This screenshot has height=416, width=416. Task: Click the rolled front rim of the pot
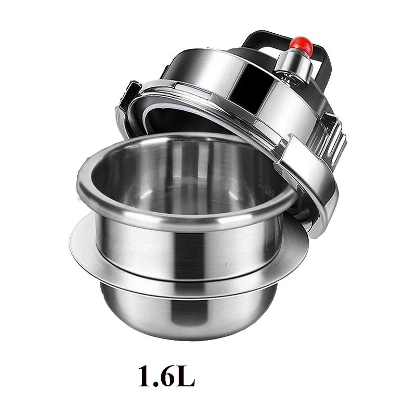click(x=186, y=212)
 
